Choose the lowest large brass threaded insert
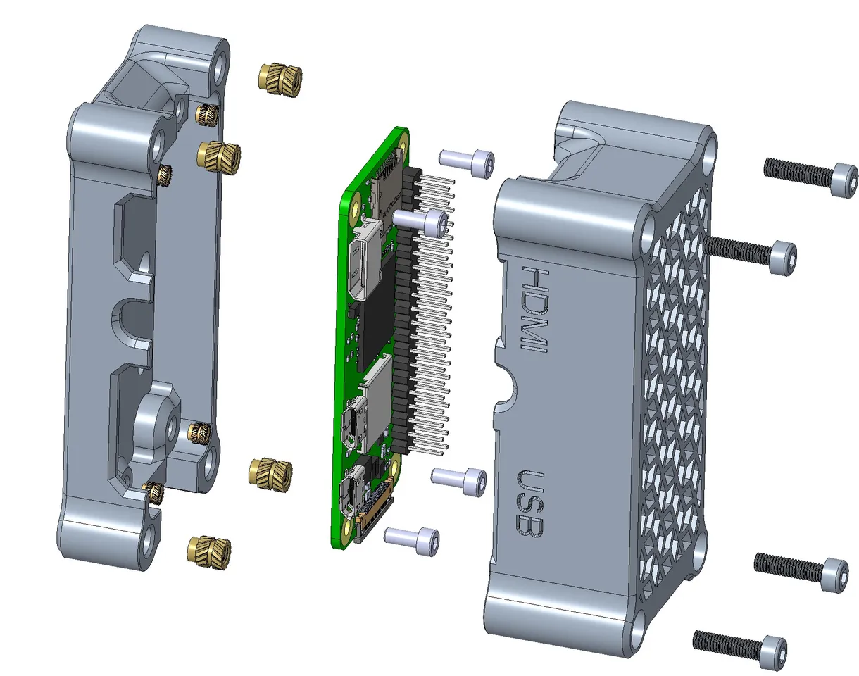pos(208,548)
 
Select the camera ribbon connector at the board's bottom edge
pos(373,521)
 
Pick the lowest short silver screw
pos(413,540)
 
